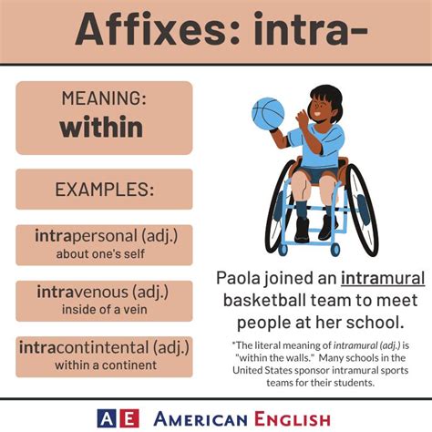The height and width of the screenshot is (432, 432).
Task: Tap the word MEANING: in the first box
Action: (x=103, y=98)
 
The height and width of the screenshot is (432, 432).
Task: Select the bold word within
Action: (x=102, y=126)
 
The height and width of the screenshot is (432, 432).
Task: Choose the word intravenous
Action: (x=85, y=293)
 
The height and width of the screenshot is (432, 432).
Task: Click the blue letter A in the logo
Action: (x=108, y=417)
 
